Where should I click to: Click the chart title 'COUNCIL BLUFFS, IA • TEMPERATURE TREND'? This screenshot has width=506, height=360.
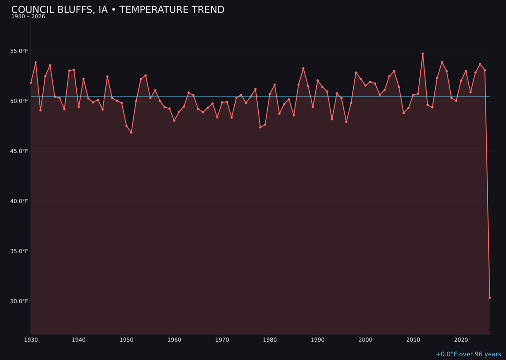[x=118, y=10]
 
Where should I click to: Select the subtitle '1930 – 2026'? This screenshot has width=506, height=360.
[x=28, y=17]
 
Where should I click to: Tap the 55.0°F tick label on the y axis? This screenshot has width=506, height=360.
[x=20, y=51]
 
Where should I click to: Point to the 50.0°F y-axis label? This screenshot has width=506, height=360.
[x=20, y=101]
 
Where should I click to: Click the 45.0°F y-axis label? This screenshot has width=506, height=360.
[x=20, y=151]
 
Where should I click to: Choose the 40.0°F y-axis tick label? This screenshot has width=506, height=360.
[x=20, y=202]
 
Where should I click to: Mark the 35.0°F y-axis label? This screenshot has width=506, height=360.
[x=20, y=252]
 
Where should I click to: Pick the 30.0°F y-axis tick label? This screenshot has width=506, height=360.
[x=20, y=301]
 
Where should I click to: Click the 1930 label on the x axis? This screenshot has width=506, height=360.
[x=31, y=340]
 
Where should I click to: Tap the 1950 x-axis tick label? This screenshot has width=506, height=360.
[x=126, y=340]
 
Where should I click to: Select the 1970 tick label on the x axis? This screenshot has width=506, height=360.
[x=222, y=340]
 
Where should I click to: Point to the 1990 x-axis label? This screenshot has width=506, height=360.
[x=318, y=340]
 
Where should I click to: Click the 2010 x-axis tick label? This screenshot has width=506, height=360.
[x=413, y=340]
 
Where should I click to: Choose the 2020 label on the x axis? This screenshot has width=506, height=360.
[x=461, y=340]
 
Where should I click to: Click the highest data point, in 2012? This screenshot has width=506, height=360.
[x=423, y=54]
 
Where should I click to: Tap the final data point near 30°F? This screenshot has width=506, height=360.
[x=490, y=298]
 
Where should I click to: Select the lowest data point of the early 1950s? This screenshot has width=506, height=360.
[x=131, y=132]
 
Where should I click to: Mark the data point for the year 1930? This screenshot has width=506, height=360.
[x=31, y=82]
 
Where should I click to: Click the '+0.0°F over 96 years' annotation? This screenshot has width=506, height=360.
[x=468, y=354]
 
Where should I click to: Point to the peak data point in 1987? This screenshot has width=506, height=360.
[x=303, y=68]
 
